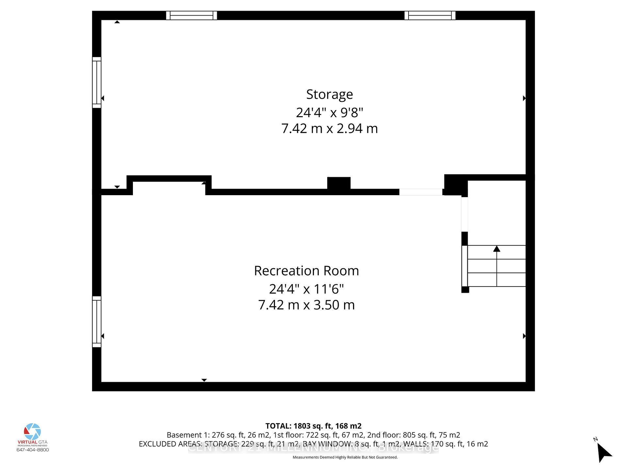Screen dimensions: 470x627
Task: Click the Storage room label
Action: point(330,94)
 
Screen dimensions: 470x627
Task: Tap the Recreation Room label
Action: point(306,271)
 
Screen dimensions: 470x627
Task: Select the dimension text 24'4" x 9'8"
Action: point(330,113)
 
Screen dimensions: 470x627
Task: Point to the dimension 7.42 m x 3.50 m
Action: point(306,305)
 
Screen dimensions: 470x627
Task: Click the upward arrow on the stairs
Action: point(497,249)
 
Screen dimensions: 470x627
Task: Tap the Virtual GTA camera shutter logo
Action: point(32,431)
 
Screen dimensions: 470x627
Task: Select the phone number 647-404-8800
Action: point(33,450)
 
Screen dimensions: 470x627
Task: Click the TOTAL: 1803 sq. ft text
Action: point(313,426)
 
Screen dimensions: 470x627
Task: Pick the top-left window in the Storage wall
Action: point(191,15)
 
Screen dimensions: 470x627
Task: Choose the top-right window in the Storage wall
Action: point(430,15)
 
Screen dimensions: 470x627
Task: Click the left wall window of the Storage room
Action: point(97,82)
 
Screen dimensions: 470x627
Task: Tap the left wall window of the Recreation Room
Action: point(97,321)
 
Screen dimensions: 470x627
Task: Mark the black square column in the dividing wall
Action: point(339,183)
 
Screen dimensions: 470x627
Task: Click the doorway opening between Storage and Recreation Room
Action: point(421,192)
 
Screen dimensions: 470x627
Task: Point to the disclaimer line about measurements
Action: point(345,457)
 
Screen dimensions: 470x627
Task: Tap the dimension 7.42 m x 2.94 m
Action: point(330,129)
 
